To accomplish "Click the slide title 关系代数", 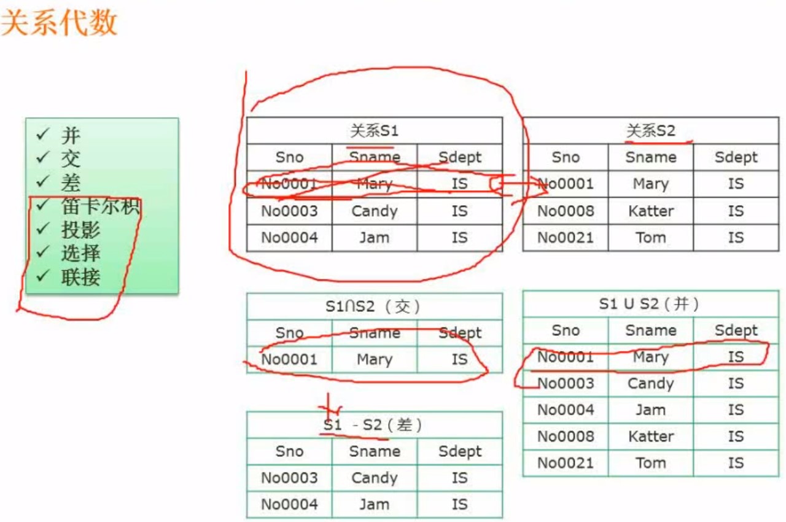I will point(59,23).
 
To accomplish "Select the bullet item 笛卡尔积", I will point(101,206).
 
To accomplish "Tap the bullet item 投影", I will point(80,230).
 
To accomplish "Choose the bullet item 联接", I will point(80,277).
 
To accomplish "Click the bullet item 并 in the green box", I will point(71,136).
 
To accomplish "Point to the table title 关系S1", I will point(374,131).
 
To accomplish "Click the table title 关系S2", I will point(650,131).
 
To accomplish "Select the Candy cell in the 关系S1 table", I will point(374,211).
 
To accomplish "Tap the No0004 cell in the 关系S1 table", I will point(289,238).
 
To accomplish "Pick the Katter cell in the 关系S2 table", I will point(650,211).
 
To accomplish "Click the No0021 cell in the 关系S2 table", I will point(566,238).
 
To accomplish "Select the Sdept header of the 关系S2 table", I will point(736,158).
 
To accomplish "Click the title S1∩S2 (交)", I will point(374,306).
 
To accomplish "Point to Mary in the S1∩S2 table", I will point(374,359).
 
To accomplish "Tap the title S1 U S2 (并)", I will point(650,303).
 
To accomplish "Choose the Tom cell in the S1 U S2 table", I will point(650,463).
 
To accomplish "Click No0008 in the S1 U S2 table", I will point(566,437).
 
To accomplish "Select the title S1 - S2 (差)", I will point(374,425).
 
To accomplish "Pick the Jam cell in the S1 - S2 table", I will point(374,504).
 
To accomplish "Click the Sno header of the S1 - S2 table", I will point(289,451).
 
